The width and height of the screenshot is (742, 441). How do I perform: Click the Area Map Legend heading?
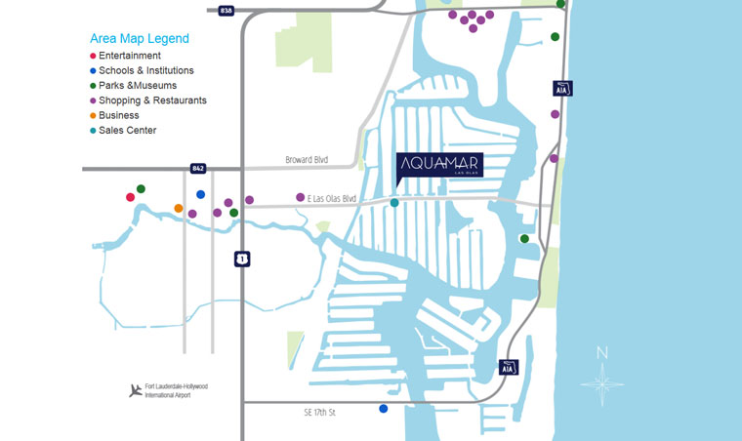(x=139, y=39)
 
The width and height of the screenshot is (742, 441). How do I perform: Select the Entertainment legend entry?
(x=129, y=56)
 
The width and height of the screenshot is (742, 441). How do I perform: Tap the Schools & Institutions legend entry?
(x=145, y=70)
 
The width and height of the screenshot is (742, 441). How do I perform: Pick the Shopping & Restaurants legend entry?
(x=151, y=100)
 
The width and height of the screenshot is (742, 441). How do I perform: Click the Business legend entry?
(x=118, y=115)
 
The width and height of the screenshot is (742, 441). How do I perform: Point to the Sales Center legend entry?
(x=127, y=130)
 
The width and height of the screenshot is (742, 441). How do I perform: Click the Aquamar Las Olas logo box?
(x=439, y=164)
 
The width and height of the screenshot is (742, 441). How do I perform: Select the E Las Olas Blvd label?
(x=332, y=198)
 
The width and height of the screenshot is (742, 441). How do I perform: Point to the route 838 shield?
(x=227, y=9)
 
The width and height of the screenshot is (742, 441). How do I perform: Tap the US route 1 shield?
(x=240, y=259)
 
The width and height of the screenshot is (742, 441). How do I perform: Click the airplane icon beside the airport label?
(x=135, y=390)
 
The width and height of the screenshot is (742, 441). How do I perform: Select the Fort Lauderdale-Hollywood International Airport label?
(x=177, y=391)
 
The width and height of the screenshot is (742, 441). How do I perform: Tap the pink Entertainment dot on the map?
(x=130, y=197)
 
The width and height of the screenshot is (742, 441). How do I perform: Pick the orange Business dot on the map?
(x=178, y=208)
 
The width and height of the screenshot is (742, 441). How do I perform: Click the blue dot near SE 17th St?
(x=384, y=409)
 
